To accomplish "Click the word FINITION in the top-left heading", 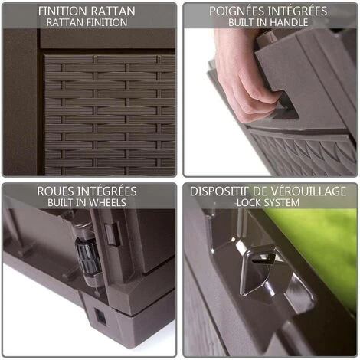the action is click(x=63, y=11).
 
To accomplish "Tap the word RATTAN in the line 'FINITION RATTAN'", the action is click(x=113, y=11).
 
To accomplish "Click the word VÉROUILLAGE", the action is click(x=308, y=191).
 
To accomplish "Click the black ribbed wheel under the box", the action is click(x=87, y=256).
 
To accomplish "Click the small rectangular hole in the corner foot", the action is click(x=100, y=317).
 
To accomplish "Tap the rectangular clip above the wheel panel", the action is click(x=113, y=234).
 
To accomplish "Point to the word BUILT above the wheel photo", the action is click(x=61, y=202).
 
